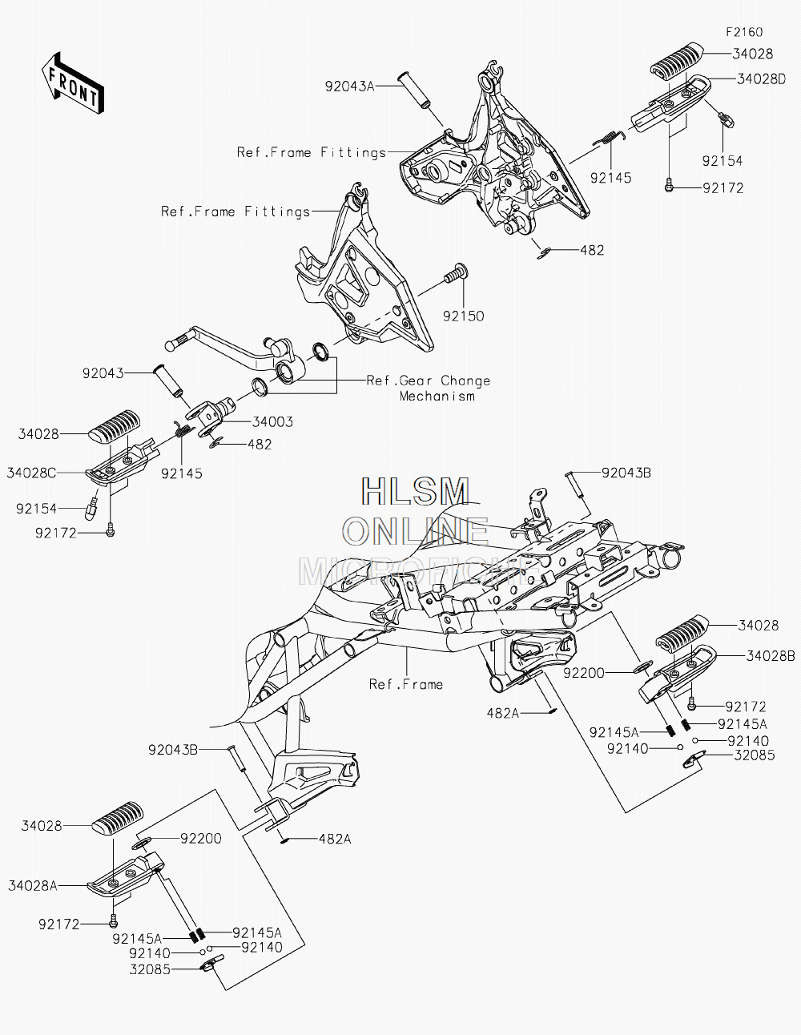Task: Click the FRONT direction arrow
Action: pyautogui.click(x=72, y=83)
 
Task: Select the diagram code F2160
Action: pyautogui.click(x=744, y=32)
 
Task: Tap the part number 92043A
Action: pyautogui.click(x=349, y=87)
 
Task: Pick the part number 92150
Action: pyautogui.click(x=463, y=316)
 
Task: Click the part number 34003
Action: pyautogui.click(x=272, y=422)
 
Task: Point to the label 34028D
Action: pyautogui.click(x=761, y=79)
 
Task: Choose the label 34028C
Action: pyautogui.click(x=31, y=473)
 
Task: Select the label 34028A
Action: pyautogui.click(x=33, y=886)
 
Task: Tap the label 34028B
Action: pyautogui.click(x=770, y=656)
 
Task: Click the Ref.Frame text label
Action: pyautogui.click(x=406, y=684)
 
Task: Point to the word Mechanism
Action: pyautogui.click(x=437, y=397)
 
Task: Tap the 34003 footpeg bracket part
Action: pyautogui.click(x=213, y=415)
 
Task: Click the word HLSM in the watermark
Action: pyautogui.click(x=415, y=491)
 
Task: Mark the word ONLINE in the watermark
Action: pyautogui.click(x=415, y=532)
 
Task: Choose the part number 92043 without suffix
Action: pyautogui.click(x=103, y=373)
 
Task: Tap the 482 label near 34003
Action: pyautogui.click(x=260, y=445)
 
